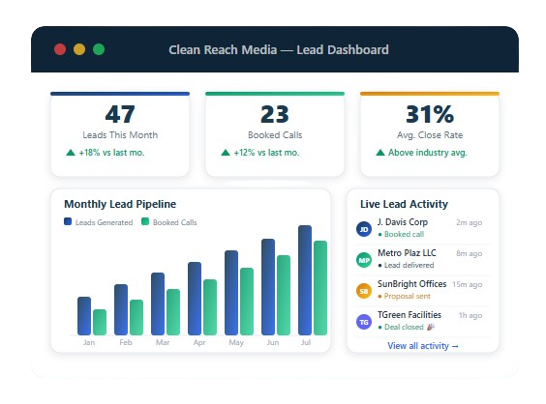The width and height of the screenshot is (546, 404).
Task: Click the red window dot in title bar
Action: pyautogui.click(x=60, y=49)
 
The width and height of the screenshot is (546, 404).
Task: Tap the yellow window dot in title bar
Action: pyautogui.click(x=79, y=49)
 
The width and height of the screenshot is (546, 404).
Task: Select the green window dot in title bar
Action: pyautogui.click(x=99, y=49)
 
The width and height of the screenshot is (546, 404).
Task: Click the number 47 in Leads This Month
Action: pyautogui.click(x=120, y=114)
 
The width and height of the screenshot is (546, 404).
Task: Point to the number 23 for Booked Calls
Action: pyautogui.click(x=275, y=114)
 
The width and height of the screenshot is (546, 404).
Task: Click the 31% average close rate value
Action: pyautogui.click(x=429, y=114)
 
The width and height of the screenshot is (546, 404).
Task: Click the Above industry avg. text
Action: pyautogui.click(x=428, y=153)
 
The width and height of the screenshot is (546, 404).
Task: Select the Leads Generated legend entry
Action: pyautogui.click(x=98, y=222)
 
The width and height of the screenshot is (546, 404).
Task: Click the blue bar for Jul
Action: pyautogui.click(x=305, y=279)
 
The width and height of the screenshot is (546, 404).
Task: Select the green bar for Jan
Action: pyautogui.click(x=100, y=322)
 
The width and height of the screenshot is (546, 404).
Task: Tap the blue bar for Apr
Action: pyautogui.click(x=195, y=298)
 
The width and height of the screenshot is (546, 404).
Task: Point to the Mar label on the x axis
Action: pyautogui.click(x=163, y=343)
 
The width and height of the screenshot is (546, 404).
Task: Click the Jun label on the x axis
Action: pyautogui.click(x=273, y=343)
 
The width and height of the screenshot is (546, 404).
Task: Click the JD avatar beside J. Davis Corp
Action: pyautogui.click(x=364, y=229)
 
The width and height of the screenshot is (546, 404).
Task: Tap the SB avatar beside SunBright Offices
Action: pyautogui.click(x=364, y=290)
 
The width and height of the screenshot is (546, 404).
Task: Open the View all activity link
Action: pyautogui.click(x=423, y=345)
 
